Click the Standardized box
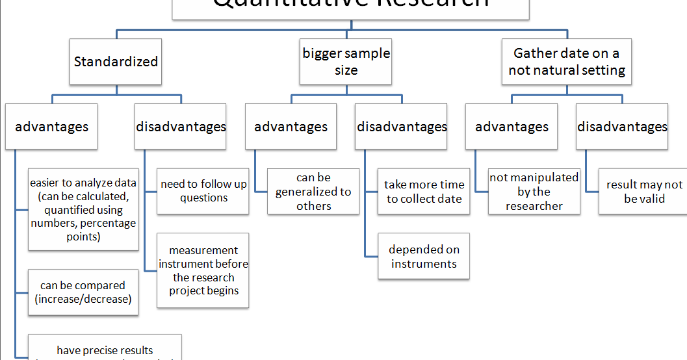coord(116,62)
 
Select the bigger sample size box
coord(346,62)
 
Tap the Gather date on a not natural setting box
coord(566,62)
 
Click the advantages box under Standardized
coord(51,127)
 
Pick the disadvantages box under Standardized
coord(181,127)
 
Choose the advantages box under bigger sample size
coord(291,127)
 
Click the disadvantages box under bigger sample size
coord(402,127)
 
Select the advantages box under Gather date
coord(512,127)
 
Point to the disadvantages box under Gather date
coord(622,127)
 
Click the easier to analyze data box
coord(83,210)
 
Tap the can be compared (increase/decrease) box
coord(83,292)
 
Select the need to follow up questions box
coord(203,191)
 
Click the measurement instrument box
coord(203,270)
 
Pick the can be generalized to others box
coord(313,192)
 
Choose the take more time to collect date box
coord(424,192)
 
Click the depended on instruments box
coord(424,257)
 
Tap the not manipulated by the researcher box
coord(534,192)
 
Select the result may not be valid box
coord(644,192)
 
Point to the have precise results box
coord(105,350)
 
